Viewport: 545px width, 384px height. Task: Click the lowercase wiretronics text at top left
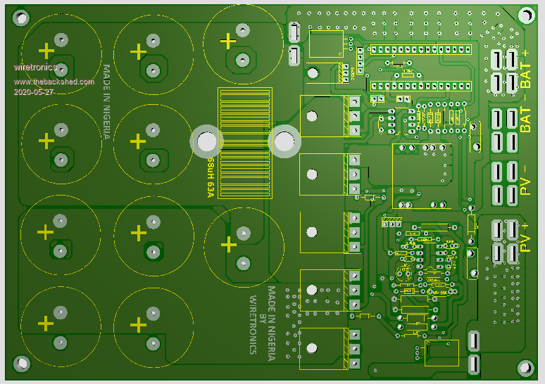[35, 68]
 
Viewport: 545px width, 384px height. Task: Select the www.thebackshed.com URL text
[54, 82]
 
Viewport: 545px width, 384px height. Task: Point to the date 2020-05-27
[34, 92]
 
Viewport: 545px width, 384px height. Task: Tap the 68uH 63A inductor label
[210, 177]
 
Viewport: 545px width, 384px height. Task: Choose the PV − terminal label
[525, 180]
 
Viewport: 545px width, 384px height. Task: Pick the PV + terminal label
[525, 236]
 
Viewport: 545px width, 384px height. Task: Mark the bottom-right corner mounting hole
[525, 367]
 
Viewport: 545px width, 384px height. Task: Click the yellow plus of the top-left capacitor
[46, 51]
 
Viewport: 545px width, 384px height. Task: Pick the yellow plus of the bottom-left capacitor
[46, 324]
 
